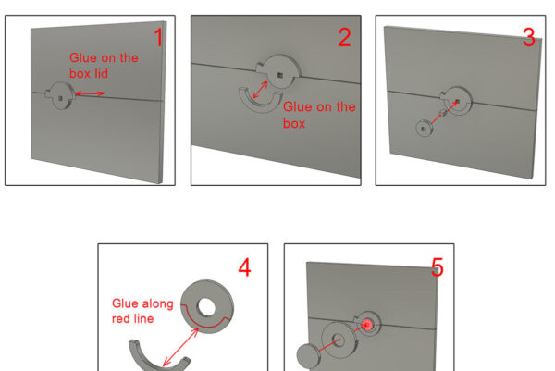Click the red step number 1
159,37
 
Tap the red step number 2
344,37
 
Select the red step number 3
529,37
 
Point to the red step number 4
244,267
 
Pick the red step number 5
438,267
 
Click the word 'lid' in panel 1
101,74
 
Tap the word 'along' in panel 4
157,304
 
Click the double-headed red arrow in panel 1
90,93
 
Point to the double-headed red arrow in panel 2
260,90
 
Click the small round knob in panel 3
424,129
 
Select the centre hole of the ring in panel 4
206,306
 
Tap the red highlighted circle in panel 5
367,324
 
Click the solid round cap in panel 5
308,356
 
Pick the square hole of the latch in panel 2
280,76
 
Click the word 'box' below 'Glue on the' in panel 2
294,123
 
